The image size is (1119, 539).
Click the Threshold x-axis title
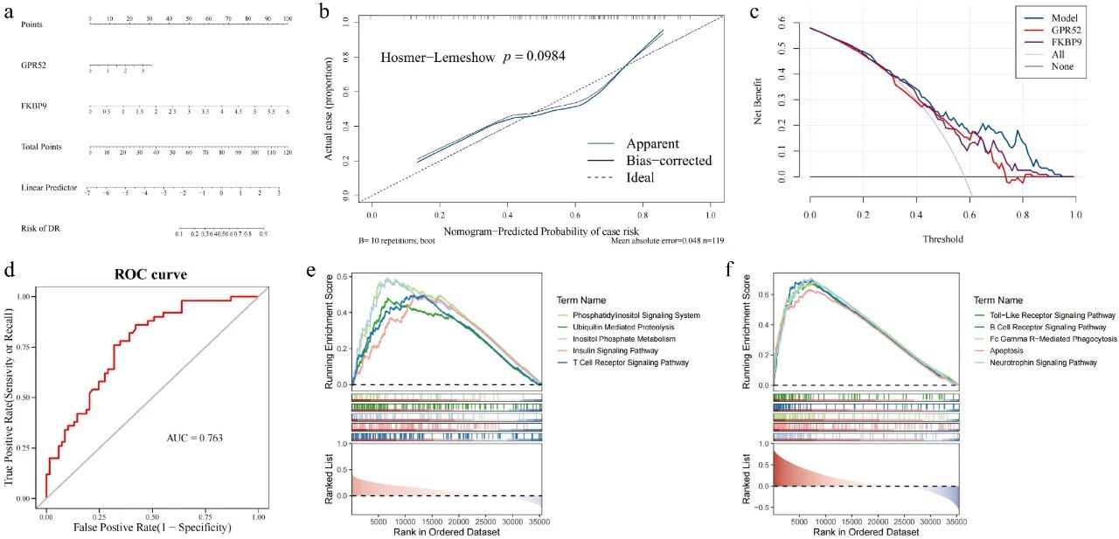[942, 238]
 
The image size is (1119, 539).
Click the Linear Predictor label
[49, 188]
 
